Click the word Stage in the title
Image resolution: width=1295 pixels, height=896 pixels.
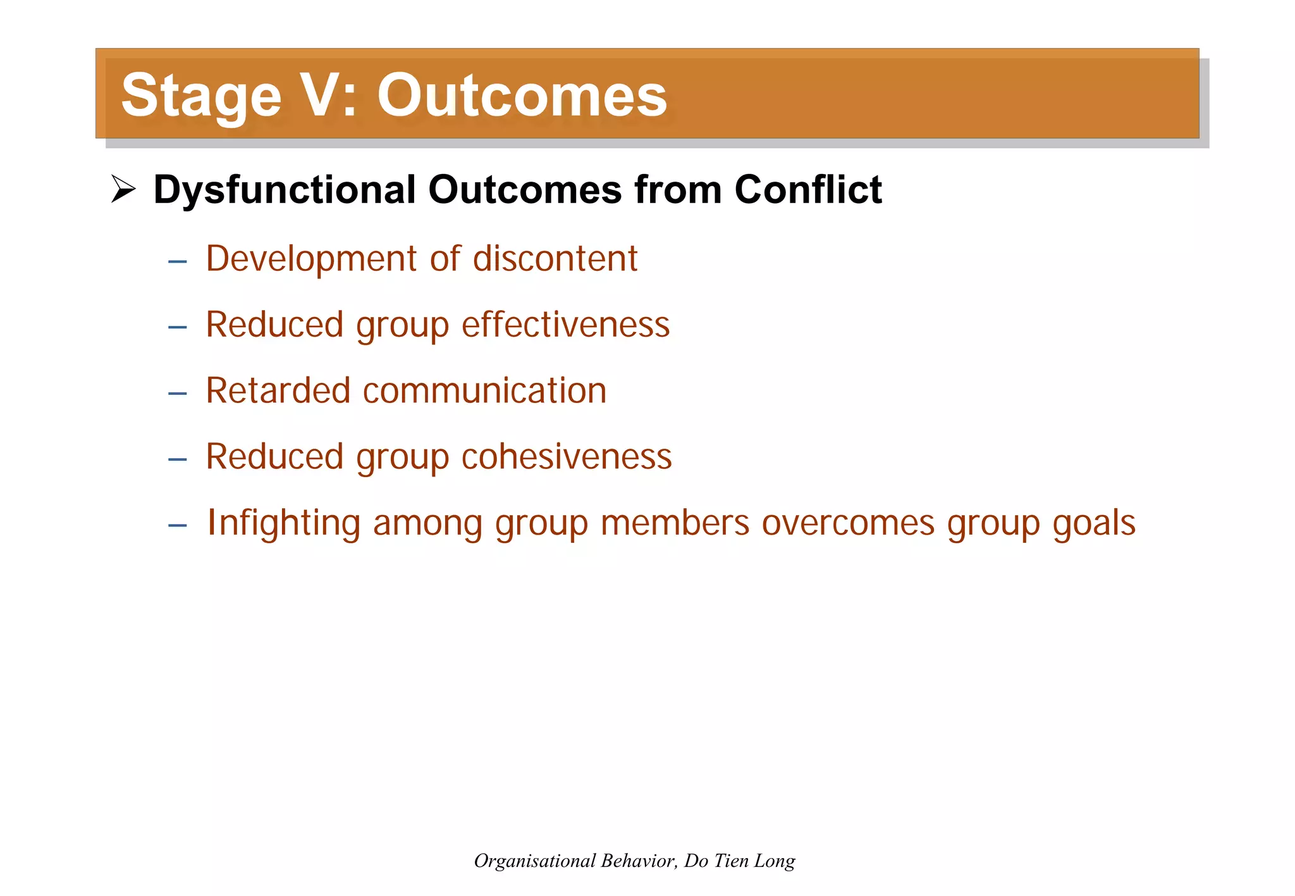[201, 96]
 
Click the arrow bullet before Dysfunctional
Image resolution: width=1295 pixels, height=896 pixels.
[123, 189]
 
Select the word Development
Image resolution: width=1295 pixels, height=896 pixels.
[312, 259]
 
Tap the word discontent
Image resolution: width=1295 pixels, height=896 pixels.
[555, 259]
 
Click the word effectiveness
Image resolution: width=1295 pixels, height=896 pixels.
[565, 325]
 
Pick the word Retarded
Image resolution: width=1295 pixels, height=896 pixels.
[278, 390]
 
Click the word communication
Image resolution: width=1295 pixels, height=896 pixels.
[484, 390]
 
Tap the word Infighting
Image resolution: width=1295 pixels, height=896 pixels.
[284, 524]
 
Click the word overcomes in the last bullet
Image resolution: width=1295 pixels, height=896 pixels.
[848, 523]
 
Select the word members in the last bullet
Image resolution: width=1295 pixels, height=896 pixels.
[675, 523]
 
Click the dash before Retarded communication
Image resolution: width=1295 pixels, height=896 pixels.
[178, 394]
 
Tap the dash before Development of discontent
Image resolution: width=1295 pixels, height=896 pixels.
[178, 261]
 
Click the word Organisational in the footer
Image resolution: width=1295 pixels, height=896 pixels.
[534, 861]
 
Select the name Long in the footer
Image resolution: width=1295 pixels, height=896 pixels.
[775, 861]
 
